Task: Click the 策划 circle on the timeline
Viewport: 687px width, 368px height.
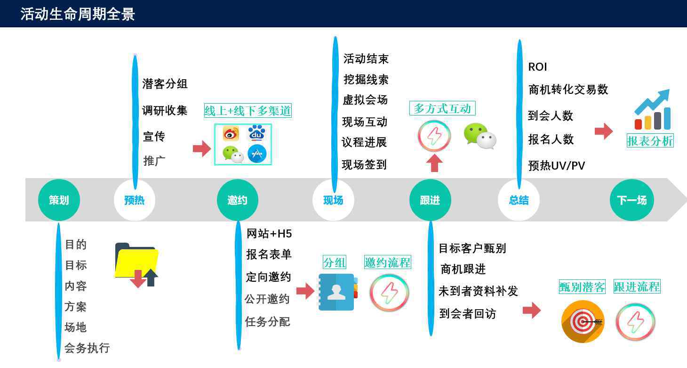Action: click(x=59, y=200)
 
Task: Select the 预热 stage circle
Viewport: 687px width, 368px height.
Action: click(x=134, y=200)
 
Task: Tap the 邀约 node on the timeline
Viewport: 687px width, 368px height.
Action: click(x=237, y=200)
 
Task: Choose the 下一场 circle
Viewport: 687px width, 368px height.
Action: click(x=632, y=200)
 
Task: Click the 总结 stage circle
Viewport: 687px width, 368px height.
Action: click(x=519, y=200)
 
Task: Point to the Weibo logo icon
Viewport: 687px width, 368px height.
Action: click(x=231, y=134)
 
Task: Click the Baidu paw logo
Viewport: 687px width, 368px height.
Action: click(x=257, y=133)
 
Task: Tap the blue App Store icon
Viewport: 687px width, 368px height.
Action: click(x=257, y=153)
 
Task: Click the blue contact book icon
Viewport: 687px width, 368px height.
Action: click(x=338, y=292)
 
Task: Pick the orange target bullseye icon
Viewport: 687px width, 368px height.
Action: click(x=583, y=321)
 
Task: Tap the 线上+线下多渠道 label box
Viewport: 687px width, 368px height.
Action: click(x=248, y=111)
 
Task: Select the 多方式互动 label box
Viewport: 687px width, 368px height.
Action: click(x=442, y=108)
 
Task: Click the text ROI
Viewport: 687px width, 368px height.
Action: click(x=537, y=66)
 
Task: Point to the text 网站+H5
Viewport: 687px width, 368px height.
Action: click(x=269, y=234)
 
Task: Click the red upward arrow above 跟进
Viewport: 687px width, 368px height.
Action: click(x=434, y=163)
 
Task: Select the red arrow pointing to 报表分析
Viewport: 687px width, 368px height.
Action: click(x=604, y=131)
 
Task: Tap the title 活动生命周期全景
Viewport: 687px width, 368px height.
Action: click(x=78, y=14)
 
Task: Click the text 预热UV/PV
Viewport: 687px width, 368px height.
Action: click(x=556, y=166)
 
